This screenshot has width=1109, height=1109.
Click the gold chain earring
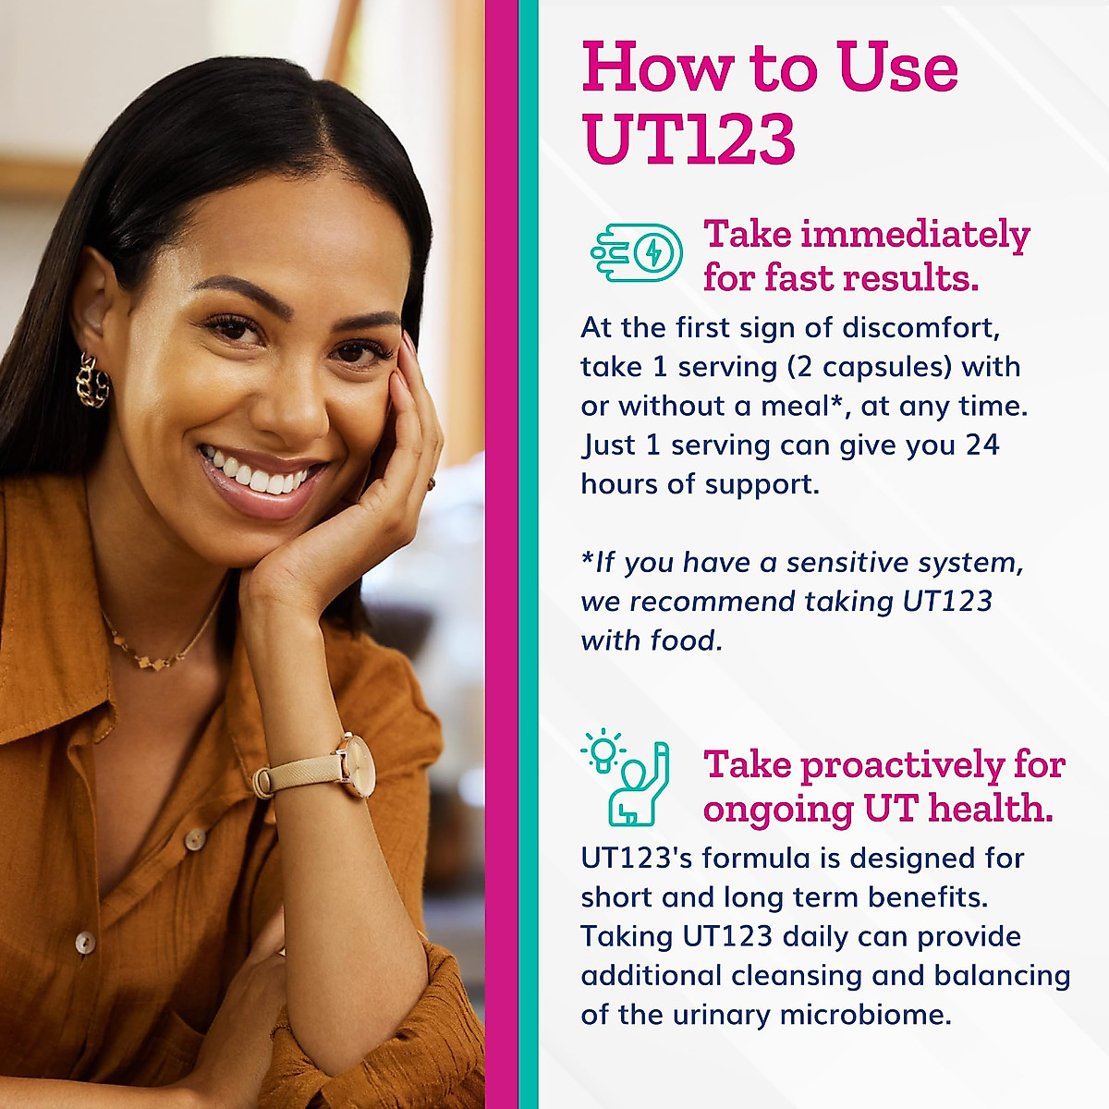point(92,380)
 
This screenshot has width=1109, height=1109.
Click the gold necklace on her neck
point(162,652)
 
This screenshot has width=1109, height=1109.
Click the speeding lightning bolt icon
point(638,252)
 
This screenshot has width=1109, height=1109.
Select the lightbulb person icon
point(626,779)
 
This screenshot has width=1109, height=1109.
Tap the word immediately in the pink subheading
point(915,235)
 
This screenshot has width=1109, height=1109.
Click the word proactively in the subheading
point(901,765)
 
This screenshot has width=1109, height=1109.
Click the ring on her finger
point(430,483)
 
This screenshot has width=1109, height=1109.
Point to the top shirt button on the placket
point(194,839)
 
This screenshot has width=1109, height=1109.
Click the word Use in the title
point(896,68)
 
